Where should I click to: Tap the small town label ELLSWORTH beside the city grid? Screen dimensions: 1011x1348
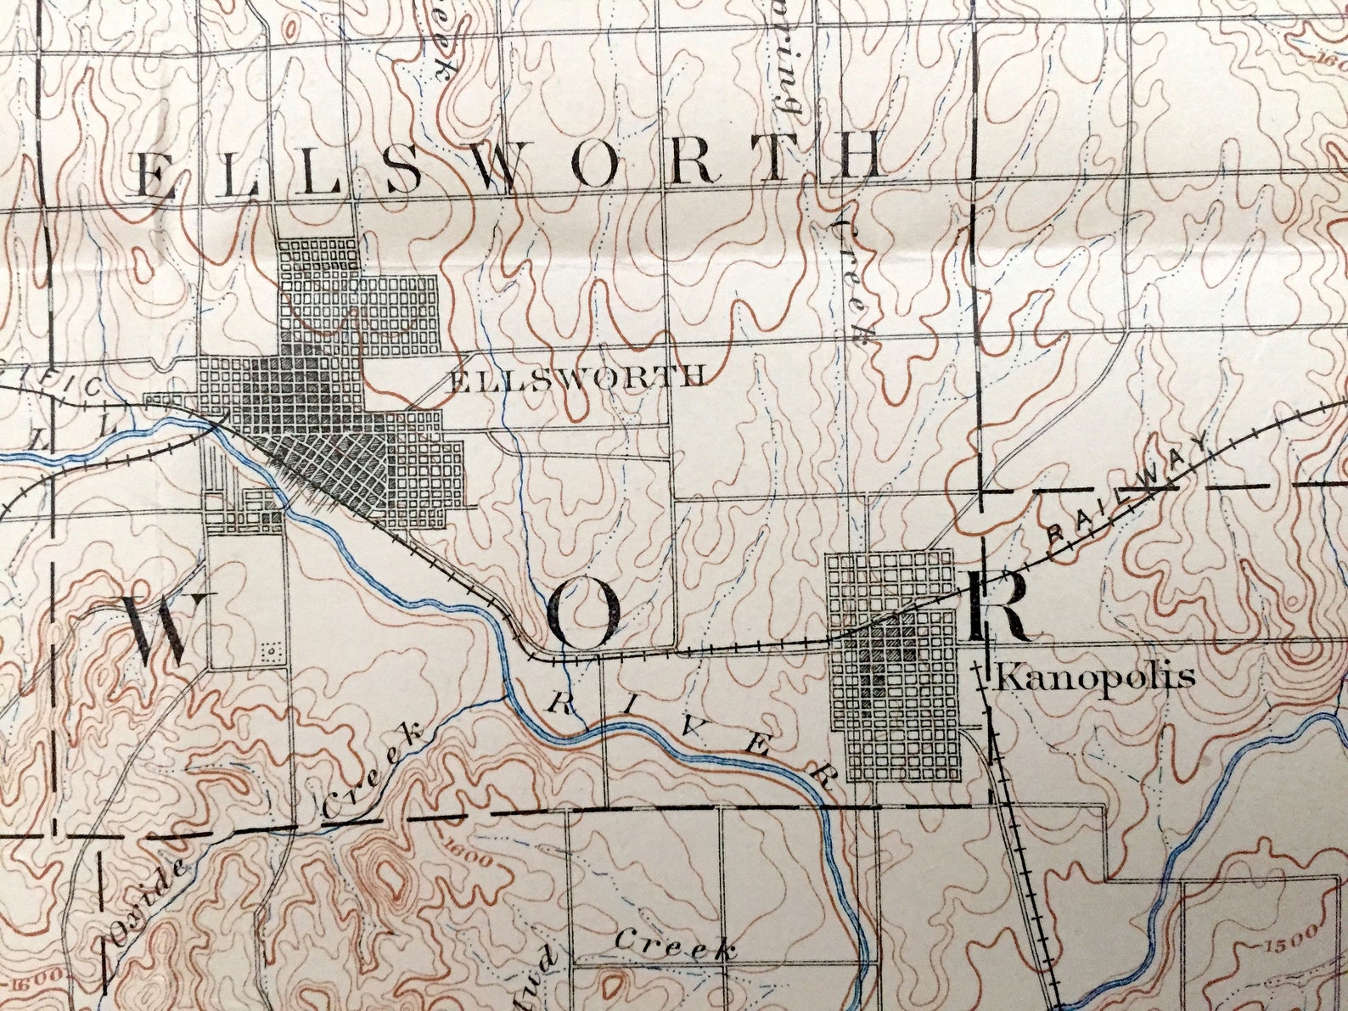(576, 377)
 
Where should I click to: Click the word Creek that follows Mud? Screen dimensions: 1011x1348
(675, 945)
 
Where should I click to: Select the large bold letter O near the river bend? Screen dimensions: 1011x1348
(582, 617)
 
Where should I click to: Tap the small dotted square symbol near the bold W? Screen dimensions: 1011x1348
(271, 653)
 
